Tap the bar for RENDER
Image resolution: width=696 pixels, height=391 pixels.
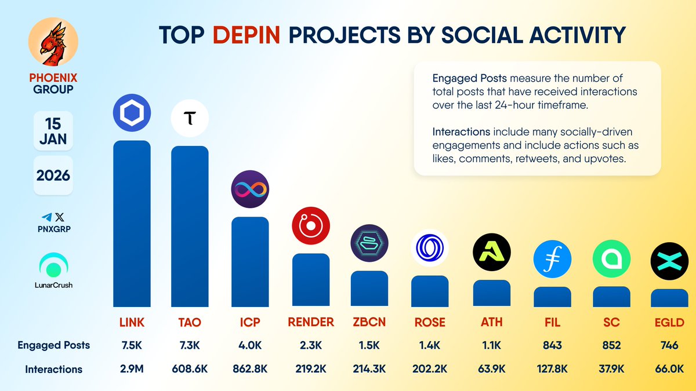310,280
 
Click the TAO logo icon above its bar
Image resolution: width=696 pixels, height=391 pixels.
190,119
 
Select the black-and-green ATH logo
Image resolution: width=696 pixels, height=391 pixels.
492,253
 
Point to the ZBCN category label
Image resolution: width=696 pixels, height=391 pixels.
369,323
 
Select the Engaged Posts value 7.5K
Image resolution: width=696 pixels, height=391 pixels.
132,345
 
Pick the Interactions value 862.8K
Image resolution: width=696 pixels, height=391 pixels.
250,369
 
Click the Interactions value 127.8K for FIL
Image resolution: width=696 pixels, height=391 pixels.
552,369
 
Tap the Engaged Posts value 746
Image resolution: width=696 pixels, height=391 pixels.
669,345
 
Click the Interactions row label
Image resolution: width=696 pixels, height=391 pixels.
53,369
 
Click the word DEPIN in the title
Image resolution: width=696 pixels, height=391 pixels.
247,35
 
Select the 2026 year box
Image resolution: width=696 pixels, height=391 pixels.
53,175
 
